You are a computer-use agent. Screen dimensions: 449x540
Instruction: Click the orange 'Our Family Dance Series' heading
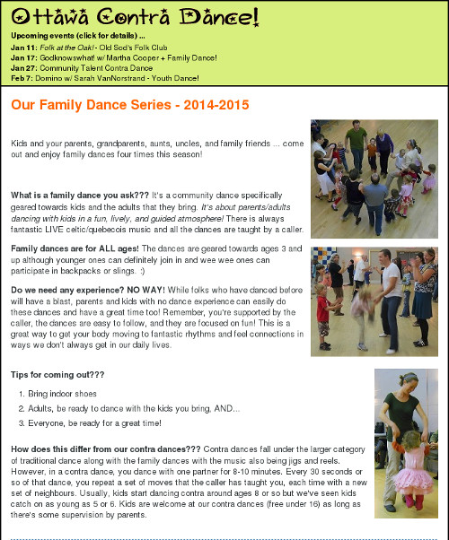[129, 105]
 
